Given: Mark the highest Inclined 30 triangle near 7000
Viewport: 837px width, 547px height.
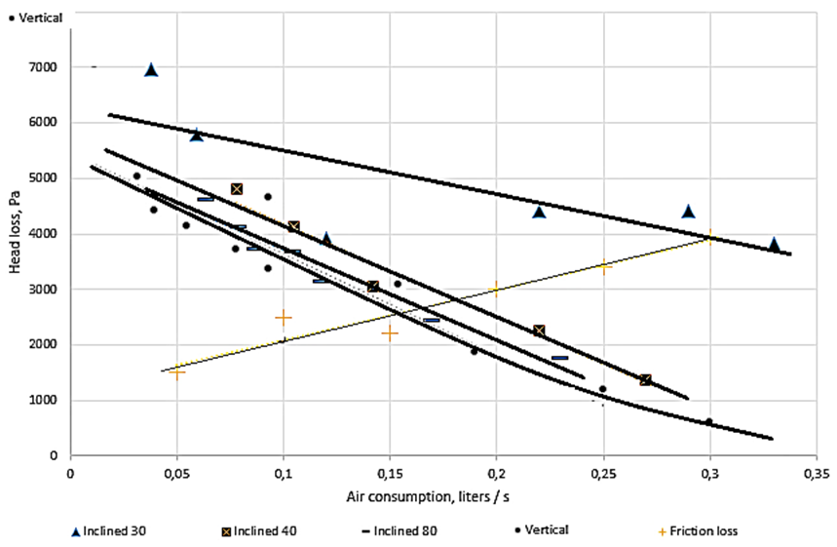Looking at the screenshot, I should tap(151, 69).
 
